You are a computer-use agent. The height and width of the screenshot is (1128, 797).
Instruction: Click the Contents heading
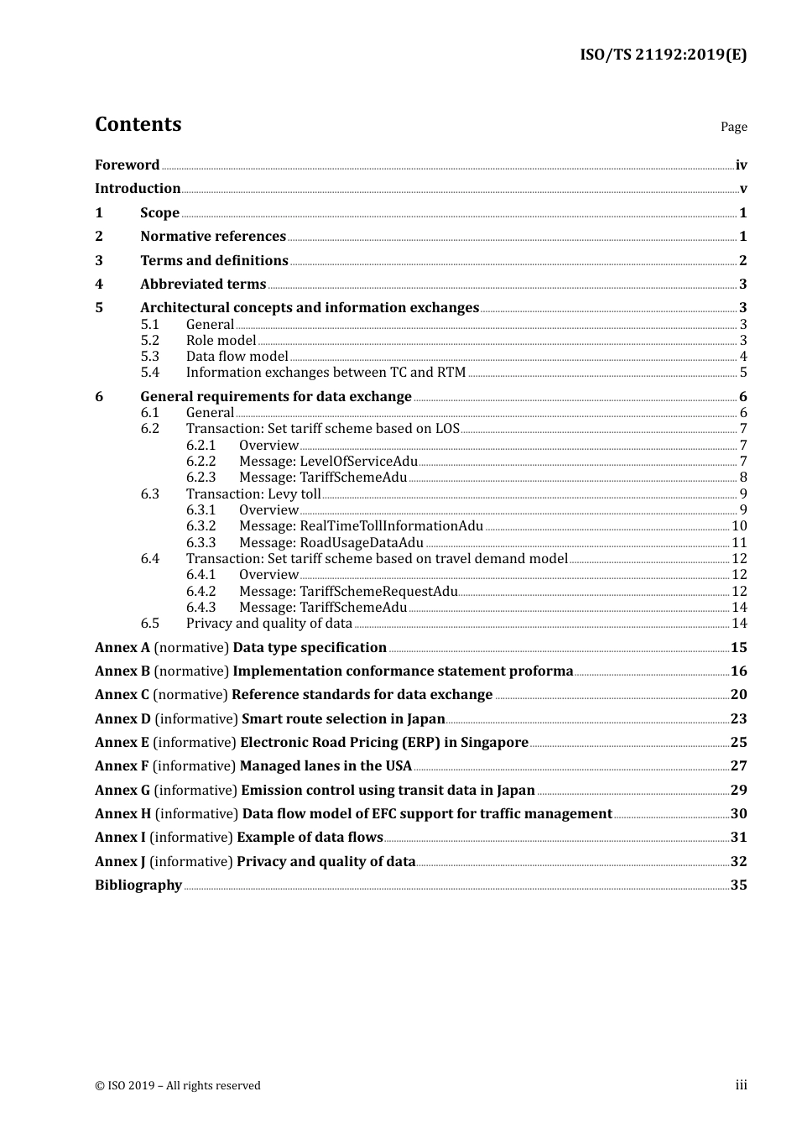pyautogui.click(x=138, y=124)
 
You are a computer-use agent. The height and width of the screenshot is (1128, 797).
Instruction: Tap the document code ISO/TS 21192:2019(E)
pyautogui.click(x=663, y=55)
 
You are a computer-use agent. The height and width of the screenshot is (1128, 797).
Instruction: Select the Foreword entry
pyautogui.click(x=127, y=165)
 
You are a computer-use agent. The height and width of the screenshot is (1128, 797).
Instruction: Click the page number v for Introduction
pyautogui.click(x=742, y=189)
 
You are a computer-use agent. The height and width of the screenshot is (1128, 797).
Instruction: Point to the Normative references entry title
pyautogui.click(x=213, y=237)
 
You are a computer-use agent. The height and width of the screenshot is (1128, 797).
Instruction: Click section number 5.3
pyautogui.click(x=149, y=357)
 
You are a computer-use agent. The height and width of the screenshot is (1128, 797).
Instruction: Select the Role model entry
pyautogui.click(x=221, y=341)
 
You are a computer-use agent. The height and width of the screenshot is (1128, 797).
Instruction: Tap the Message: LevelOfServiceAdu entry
pyautogui.click(x=328, y=462)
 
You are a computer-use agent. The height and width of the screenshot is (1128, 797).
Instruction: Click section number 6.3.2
pyautogui.click(x=201, y=526)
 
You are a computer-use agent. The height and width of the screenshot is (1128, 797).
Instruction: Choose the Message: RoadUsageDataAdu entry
pyautogui.click(x=331, y=543)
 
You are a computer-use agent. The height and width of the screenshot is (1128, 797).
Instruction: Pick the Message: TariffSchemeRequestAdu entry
pyautogui.click(x=348, y=592)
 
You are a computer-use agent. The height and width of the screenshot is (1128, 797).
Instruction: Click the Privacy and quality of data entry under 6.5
pyautogui.click(x=268, y=624)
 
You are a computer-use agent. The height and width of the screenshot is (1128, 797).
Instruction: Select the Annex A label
pyautogui.click(x=122, y=648)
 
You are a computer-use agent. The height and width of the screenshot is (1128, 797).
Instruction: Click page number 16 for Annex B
pyautogui.click(x=738, y=671)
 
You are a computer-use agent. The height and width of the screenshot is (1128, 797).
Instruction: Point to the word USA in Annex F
pyautogui.click(x=398, y=766)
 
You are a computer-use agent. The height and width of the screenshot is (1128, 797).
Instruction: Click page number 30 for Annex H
pyautogui.click(x=738, y=814)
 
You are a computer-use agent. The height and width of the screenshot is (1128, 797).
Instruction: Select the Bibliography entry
pyautogui.click(x=138, y=885)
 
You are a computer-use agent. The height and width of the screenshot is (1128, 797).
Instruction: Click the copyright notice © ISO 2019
pyautogui.click(x=178, y=1086)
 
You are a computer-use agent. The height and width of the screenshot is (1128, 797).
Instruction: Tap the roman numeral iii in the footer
pyautogui.click(x=741, y=1085)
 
